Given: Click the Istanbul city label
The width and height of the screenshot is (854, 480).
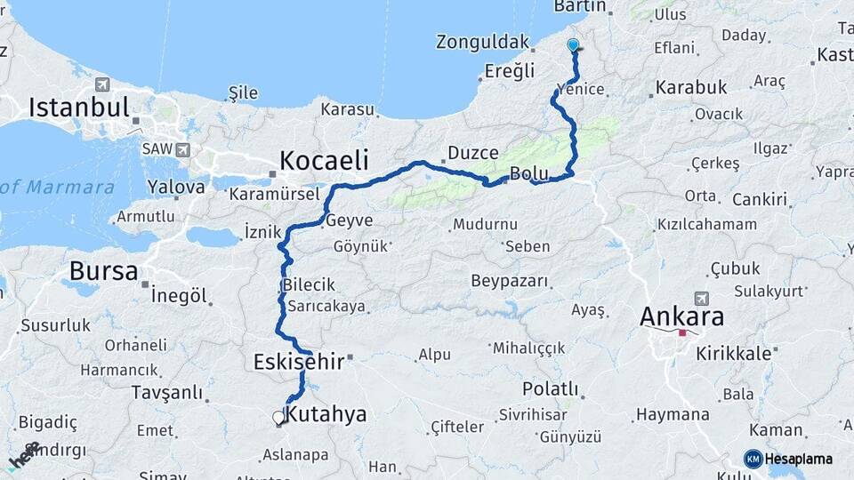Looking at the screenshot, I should (79, 108).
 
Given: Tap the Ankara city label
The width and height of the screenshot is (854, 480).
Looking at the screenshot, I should (681, 316).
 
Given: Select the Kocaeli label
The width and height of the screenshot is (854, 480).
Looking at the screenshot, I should (324, 160).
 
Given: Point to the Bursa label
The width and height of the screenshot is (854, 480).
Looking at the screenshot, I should (103, 270).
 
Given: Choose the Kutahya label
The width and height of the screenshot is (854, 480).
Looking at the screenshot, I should (326, 414).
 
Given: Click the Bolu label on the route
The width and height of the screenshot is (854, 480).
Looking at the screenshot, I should (528, 172).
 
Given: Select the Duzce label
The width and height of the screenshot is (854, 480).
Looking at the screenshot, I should (473, 153).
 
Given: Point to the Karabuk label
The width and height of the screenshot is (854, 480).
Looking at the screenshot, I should (691, 88).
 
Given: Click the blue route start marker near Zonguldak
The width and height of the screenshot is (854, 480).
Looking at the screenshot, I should (573, 44).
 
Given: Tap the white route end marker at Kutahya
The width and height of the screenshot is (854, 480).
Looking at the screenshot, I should (278, 417).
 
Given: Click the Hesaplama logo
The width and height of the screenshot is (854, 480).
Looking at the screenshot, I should (788, 459).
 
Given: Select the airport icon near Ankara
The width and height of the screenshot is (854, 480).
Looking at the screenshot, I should (702, 298).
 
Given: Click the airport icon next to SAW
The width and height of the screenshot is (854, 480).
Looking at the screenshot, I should (182, 149).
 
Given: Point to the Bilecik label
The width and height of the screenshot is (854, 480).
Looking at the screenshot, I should (309, 285).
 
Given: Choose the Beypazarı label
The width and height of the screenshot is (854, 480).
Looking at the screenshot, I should (510, 282).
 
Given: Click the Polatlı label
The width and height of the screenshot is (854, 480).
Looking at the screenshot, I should (550, 389).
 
